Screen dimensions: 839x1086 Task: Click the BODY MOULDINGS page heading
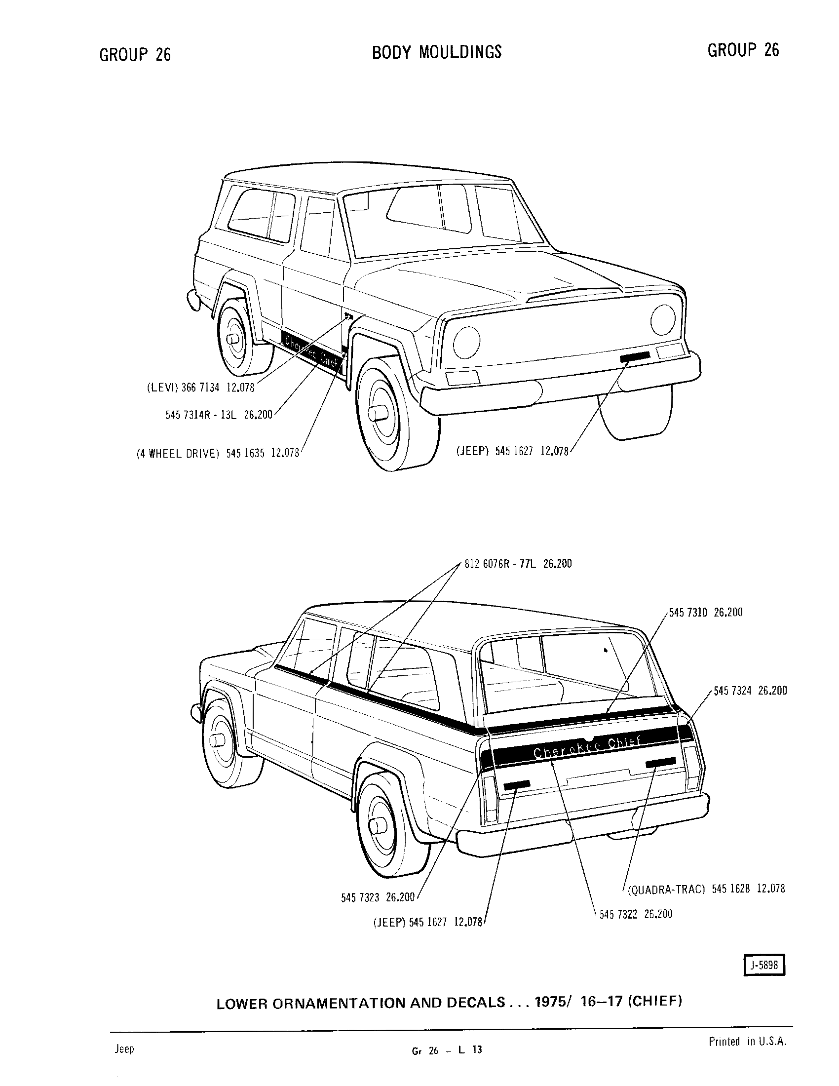point(437,52)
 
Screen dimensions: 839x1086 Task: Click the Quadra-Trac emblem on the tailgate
point(660,762)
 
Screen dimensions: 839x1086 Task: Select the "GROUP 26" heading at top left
point(135,54)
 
